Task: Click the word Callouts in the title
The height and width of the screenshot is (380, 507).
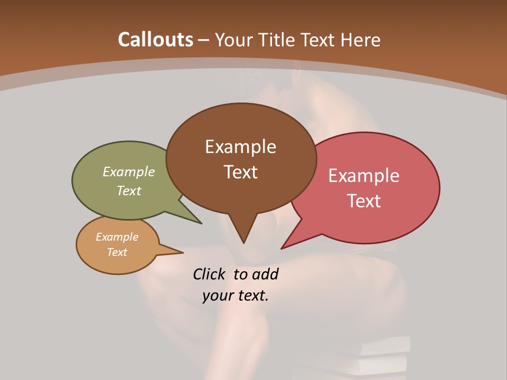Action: pyautogui.click(x=155, y=40)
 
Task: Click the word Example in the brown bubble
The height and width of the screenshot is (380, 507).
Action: pyautogui.click(x=240, y=147)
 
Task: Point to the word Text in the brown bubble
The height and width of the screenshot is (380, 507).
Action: pyautogui.click(x=240, y=172)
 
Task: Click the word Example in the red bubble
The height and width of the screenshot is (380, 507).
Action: pyautogui.click(x=364, y=176)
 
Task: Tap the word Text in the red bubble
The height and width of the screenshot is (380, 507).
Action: pyautogui.click(x=364, y=201)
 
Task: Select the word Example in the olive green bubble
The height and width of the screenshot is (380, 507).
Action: pyautogui.click(x=129, y=172)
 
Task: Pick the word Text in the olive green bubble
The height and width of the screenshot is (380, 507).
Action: pyautogui.click(x=129, y=191)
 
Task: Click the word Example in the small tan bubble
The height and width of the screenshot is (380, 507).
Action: pyautogui.click(x=117, y=237)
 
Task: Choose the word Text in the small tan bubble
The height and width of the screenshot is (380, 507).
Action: pyautogui.click(x=117, y=252)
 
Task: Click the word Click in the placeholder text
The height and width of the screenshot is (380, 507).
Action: pyautogui.click(x=210, y=274)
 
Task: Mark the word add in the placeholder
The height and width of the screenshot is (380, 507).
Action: pyautogui.click(x=265, y=274)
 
